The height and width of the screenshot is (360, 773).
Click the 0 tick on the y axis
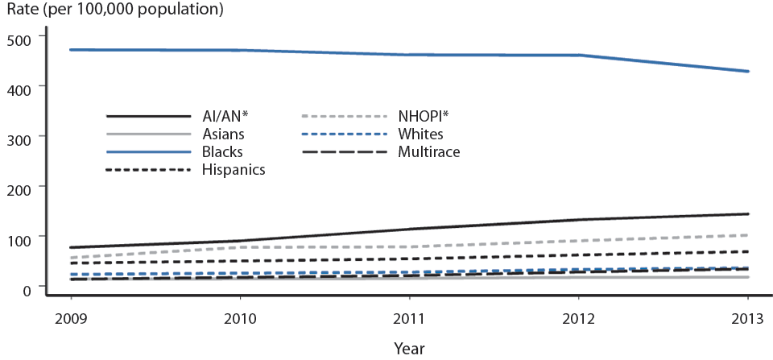click(29, 288)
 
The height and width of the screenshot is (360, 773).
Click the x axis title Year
click(409, 348)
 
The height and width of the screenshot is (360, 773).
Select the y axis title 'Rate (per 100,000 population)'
click(115, 11)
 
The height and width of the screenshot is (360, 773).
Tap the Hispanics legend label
click(234, 169)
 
